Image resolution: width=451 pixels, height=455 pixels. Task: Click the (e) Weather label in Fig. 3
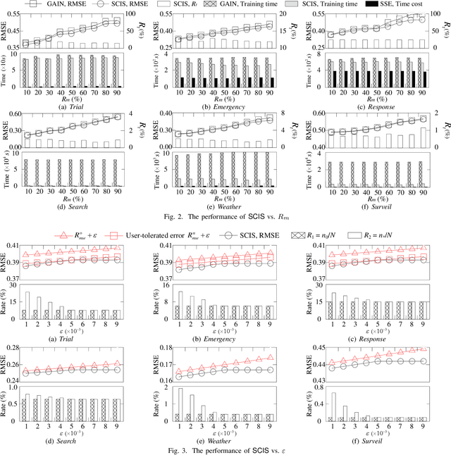click(x=225, y=440)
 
